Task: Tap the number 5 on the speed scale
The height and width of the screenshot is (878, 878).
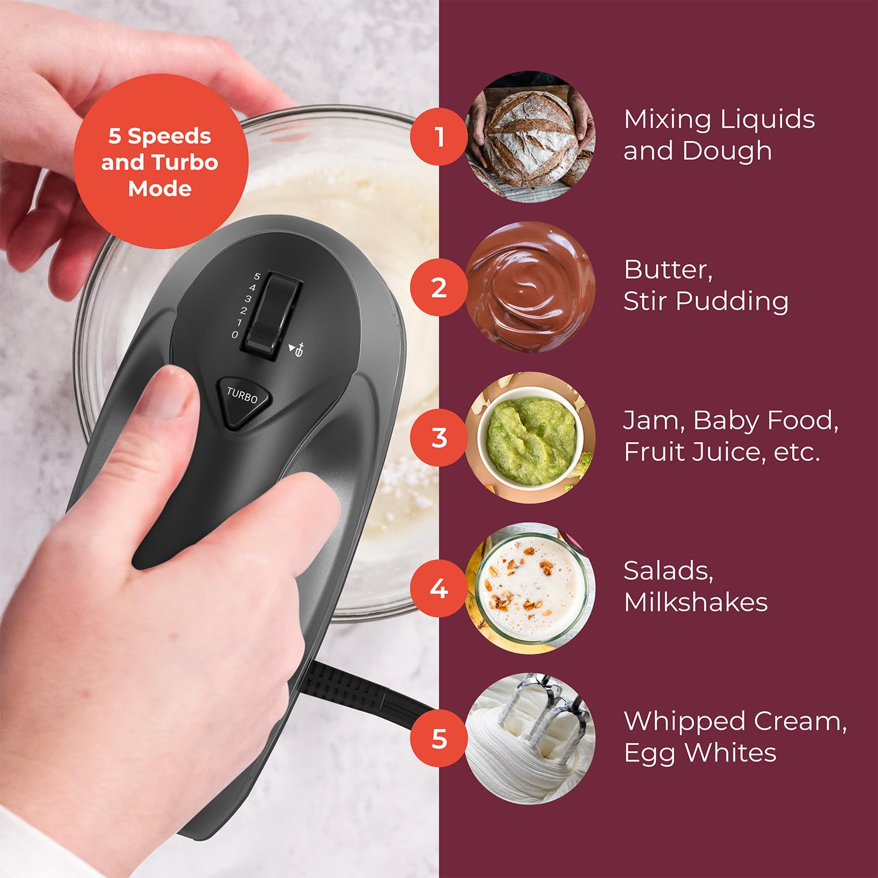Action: [x=257, y=276]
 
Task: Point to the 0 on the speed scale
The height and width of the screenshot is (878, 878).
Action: [x=235, y=335]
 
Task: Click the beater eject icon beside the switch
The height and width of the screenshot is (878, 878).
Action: [x=297, y=349]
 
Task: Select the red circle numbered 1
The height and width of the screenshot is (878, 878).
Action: [x=439, y=137]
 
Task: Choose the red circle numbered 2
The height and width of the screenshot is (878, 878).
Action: [x=439, y=287]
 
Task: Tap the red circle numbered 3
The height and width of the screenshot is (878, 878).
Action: [x=439, y=438]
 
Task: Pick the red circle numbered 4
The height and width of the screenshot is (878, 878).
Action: [x=439, y=588]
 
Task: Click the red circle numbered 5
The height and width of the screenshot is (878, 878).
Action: [x=439, y=739]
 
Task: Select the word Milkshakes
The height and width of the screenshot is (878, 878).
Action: [x=695, y=602]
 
